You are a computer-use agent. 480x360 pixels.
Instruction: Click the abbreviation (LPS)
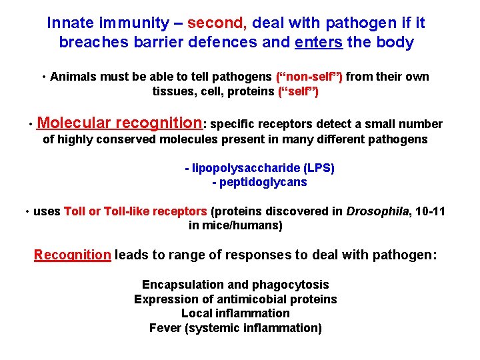click(x=319, y=168)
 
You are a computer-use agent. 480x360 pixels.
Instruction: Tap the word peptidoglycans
click(x=263, y=182)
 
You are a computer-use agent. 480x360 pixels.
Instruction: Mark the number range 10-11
click(x=430, y=211)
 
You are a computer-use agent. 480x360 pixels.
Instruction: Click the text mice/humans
click(x=241, y=225)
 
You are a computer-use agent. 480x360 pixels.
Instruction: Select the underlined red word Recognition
click(x=72, y=255)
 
